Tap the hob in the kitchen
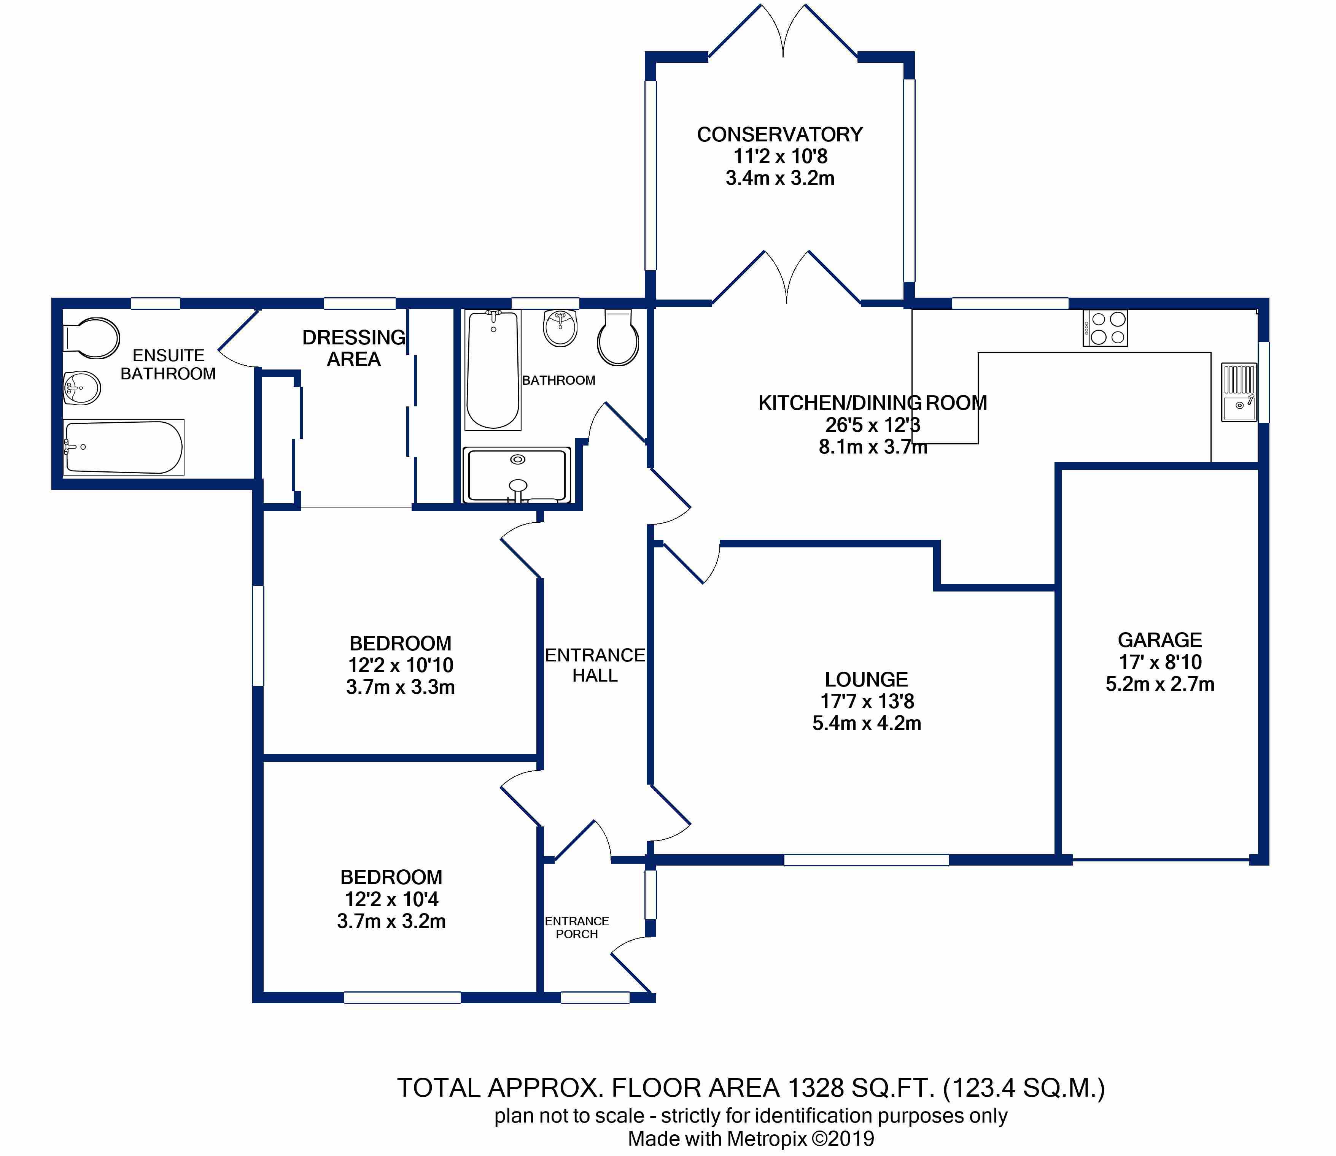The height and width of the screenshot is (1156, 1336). click(1105, 328)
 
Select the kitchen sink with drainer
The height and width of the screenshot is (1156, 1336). click(1239, 392)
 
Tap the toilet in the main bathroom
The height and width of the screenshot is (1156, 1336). click(618, 338)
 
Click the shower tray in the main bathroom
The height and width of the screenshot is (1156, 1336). click(517, 475)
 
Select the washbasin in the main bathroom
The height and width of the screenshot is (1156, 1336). click(560, 328)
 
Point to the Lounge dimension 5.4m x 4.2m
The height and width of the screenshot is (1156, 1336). click(866, 723)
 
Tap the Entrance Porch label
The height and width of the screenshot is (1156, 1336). click(577, 928)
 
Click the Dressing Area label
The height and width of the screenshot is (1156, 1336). click(354, 348)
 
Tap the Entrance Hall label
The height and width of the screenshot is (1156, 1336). click(595, 665)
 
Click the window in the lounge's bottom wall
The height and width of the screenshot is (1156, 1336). click(866, 860)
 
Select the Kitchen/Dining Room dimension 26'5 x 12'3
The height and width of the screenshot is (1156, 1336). click(873, 425)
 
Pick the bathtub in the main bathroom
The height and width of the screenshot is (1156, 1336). click(493, 370)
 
